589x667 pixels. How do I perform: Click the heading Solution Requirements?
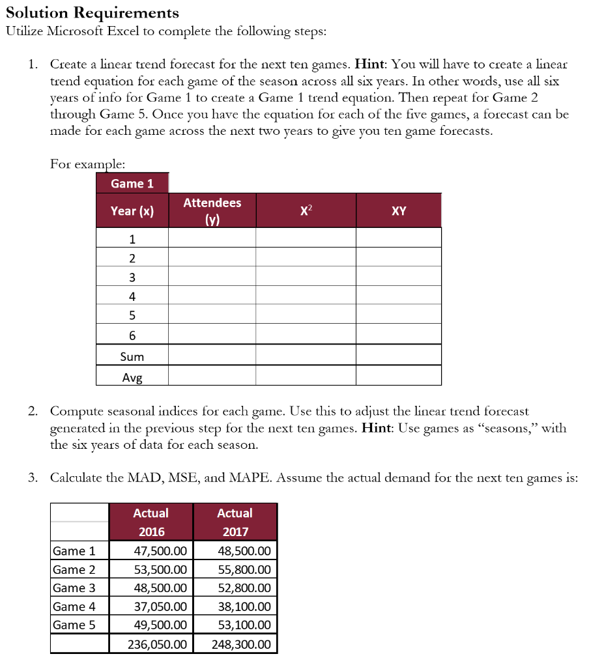pyautogui.click(x=92, y=12)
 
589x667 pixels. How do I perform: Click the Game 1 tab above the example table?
pyautogui.click(x=132, y=183)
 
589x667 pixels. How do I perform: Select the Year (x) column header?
pyautogui.click(x=132, y=210)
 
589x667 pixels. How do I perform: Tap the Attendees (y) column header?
pyautogui.click(x=212, y=210)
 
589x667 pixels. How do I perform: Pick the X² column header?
pyautogui.click(x=306, y=210)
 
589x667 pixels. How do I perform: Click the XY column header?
pyautogui.click(x=399, y=210)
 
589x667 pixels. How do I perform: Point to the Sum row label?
pyautogui.click(x=132, y=356)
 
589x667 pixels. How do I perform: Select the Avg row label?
pyautogui.click(x=132, y=376)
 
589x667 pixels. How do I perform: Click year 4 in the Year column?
pyautogui.click(x=132, y=296)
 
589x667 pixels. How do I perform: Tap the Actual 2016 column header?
pyautogui.click(x=151, y=522)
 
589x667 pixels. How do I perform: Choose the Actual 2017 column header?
pyautogui.click(x=235, y=522)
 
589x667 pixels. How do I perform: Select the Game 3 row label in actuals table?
pyautogui.click(x=74, y=588)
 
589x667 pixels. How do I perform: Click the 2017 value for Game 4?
pyautogui.click(x=244, y=606)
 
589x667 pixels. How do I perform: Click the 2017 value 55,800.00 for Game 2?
pyautogui.click(x=244, y=569)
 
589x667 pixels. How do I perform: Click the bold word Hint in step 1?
pyautogui.click(x=371, y=65)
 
